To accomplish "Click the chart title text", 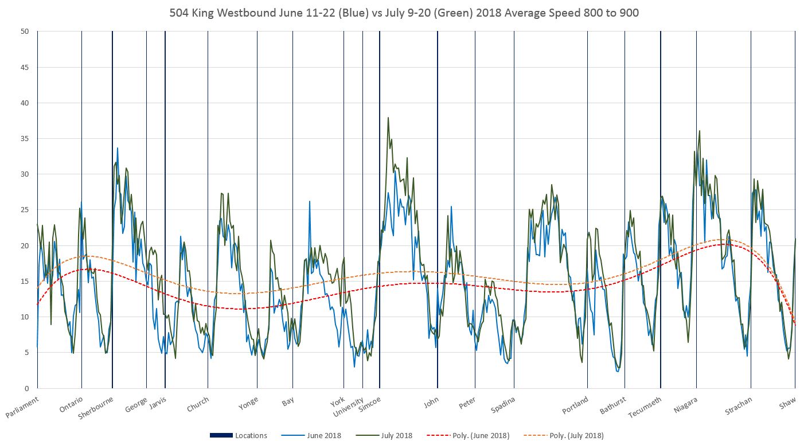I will pyautogui.click(x=404, y=13).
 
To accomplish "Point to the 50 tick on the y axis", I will pyautogui.click(x=25, y=32).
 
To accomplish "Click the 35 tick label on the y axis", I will pyautogui.click(x=25, y=139).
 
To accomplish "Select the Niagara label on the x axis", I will pyautogui.click(x=686, y=405).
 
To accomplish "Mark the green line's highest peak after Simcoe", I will pyautogui.click(x=388, y=118).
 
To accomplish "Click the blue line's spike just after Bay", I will pyautogui.click(x=310, y=201).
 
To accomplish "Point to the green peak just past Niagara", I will pyautogui.click(x=700, y=131).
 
